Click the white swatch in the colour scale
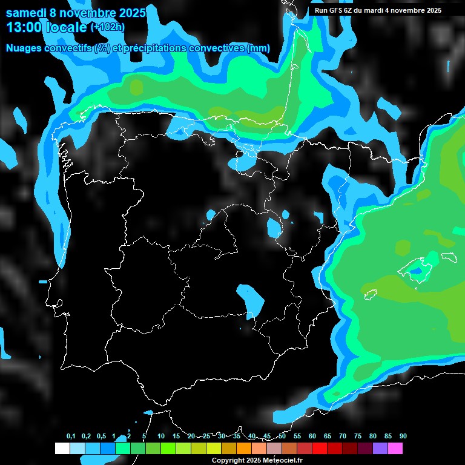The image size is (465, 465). point(62,448)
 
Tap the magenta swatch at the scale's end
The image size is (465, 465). point(395,448)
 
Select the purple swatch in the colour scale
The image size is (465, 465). point(380,448)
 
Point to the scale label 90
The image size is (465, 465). point(403,436)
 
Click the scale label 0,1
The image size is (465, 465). point(71,436)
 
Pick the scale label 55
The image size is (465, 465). point(297,436)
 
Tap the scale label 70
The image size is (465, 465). point(342,436)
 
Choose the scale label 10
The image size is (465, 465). point(160,436)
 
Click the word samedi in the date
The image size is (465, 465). point(26,12)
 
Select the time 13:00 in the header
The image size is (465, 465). point(24,27)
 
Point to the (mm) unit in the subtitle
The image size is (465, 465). point(259,48)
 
